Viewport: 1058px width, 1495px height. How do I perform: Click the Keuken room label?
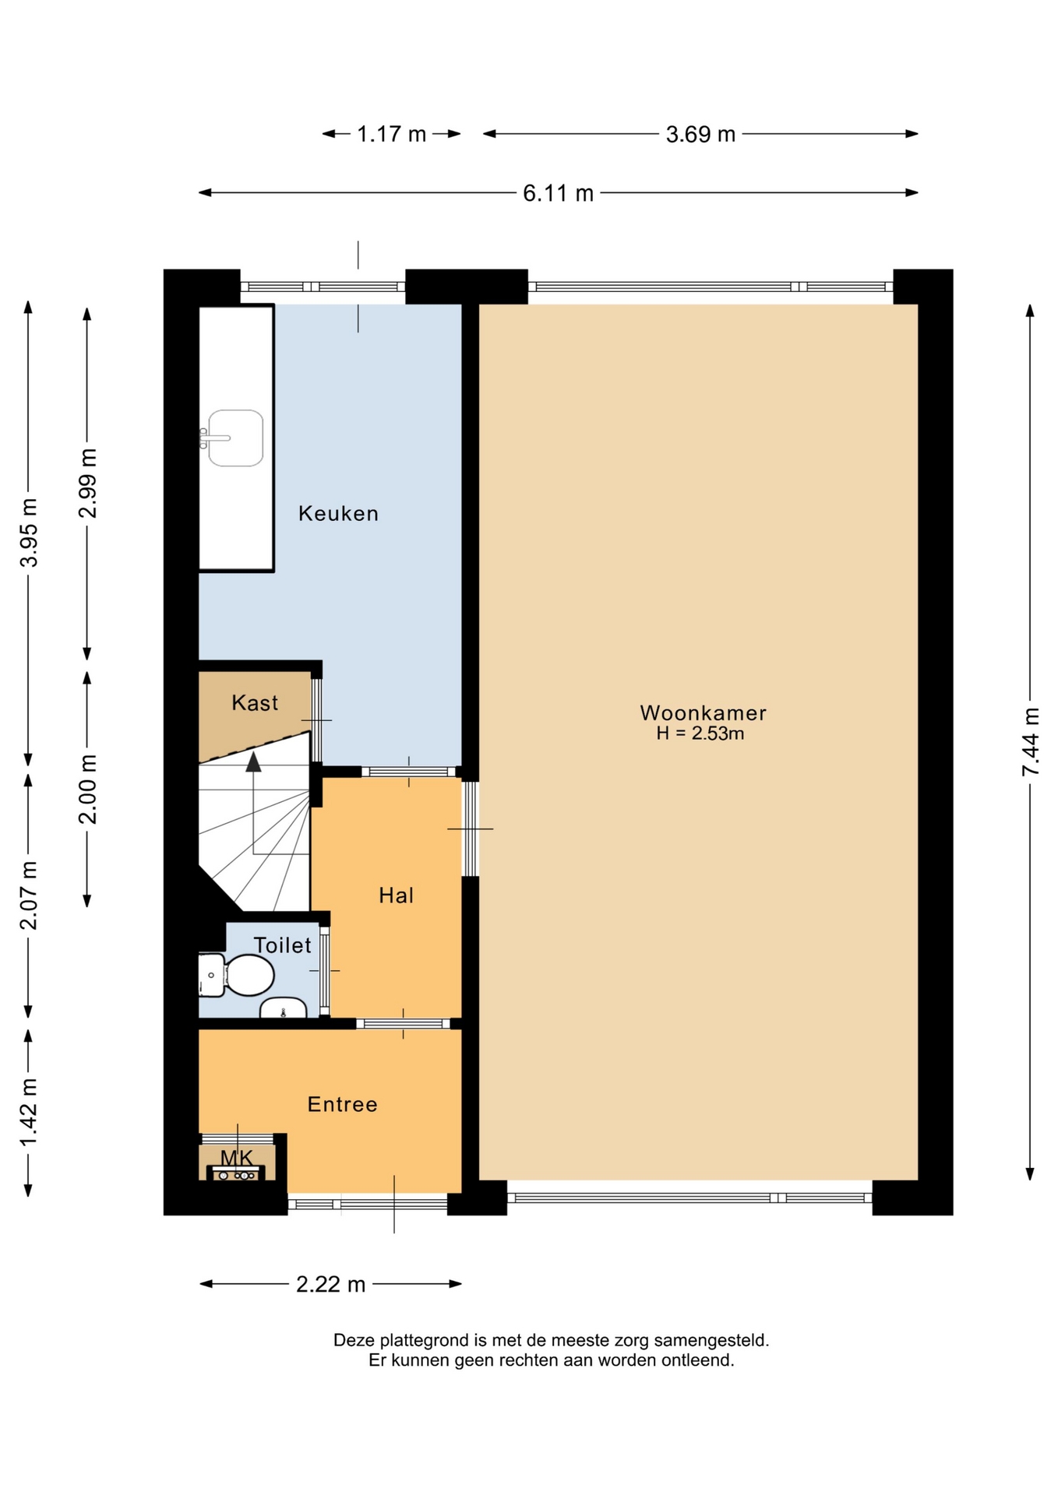tap(338, 513)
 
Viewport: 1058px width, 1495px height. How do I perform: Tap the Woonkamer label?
tap(703, 712)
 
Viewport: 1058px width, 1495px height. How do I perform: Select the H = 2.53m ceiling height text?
tap(700, 733)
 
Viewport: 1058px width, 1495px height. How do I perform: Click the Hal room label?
tap(396, 895)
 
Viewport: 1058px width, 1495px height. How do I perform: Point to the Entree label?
tap(342, 1104)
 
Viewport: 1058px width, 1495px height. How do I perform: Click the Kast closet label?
tap(255, 703)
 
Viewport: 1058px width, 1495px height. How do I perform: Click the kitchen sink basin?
tap(235, 438)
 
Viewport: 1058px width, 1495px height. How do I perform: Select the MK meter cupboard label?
tap(237, 1158)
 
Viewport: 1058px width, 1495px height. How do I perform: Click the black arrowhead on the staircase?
tap(253, 762)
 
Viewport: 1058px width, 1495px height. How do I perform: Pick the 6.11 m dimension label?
tap(558, 193)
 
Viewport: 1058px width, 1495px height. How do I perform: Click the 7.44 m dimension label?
tap(1031, 741)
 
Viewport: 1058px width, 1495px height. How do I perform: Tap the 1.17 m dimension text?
tap(391, 135)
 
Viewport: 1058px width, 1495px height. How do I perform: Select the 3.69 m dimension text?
tap(700, 135)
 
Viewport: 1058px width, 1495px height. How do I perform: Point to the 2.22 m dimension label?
tap(330, 1284)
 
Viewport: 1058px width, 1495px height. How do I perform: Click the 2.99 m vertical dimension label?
tap(87, 483)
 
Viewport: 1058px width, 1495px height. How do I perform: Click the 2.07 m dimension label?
tap(29, 895)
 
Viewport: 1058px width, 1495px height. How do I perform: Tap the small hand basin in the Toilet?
tap(283, 1008)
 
